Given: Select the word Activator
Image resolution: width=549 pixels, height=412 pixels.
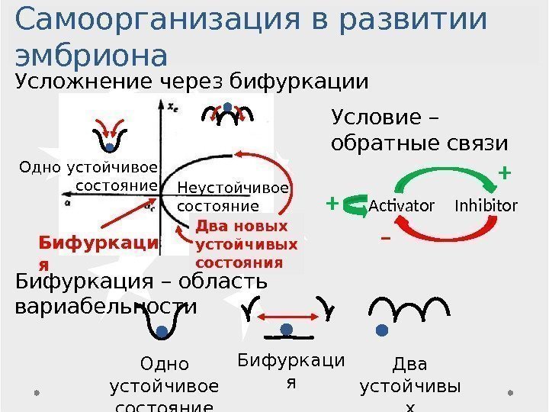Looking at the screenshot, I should click(401, 206).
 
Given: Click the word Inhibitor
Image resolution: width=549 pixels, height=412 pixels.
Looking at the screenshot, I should click(486, 206).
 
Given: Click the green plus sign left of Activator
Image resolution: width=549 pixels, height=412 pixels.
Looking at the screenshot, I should click(332, 204).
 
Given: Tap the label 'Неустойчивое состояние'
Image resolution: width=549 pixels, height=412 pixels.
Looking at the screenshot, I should click(233, 197).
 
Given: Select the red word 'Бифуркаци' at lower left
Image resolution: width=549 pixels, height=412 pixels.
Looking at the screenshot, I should click(98, 243).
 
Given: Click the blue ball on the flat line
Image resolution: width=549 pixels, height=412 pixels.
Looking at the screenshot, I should click(287, 329).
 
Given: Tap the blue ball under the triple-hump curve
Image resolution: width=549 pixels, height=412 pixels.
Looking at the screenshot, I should click(382, 330).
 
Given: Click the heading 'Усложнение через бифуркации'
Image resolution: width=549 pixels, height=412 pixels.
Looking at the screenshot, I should click(191, 81).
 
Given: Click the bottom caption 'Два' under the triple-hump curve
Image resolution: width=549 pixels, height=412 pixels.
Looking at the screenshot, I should click(409, 364).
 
